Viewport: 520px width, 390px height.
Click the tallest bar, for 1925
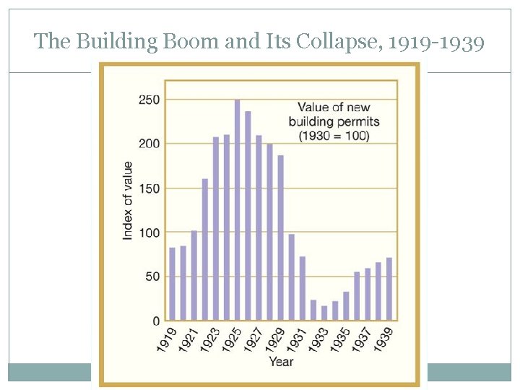click(x=237, y=209)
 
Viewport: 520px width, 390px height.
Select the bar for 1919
click(x=172, y=284)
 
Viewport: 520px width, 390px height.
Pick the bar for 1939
click(x=389, y=289)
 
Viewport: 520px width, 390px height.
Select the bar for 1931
click(x=303, y=288)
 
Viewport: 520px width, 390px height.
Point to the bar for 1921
click(x=194, y=275)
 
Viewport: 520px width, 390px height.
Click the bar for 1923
click(x=215, y=228)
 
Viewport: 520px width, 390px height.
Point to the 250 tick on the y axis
click(x=149, y=100)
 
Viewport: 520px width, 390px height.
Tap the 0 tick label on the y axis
click(x=155, y=321)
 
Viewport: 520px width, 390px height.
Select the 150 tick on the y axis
click(x=149, y=188)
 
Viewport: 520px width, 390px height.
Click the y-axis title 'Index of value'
click(x=128, y=201)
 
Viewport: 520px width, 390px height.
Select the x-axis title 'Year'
click(x=281, y=361)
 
